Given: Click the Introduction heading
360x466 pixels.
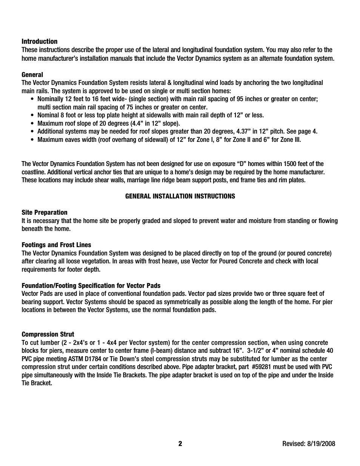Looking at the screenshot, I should [x=40, y=42].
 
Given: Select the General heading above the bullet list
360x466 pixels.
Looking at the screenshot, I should [x=32, y=75].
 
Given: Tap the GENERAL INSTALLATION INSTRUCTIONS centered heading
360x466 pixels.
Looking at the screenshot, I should [x=180, y=196].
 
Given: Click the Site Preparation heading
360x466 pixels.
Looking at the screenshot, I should [x=45, y=212].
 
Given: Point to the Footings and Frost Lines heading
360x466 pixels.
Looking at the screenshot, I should [x=56, y=245].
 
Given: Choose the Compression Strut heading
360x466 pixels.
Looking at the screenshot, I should [x=48, y=334].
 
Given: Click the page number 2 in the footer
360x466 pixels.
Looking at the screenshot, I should [x=180, y=444].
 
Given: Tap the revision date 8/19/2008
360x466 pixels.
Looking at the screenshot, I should [x=321, y=444].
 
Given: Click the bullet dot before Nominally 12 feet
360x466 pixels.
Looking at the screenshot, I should [x=32, y=99].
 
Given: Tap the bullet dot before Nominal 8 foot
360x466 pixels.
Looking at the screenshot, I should [x=32, y=115].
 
